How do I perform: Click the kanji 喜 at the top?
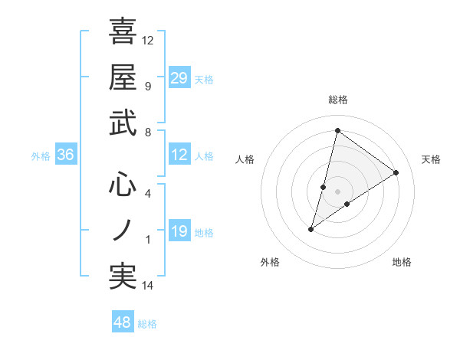(x=123, y=31)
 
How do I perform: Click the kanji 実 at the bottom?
(x=123, y=277)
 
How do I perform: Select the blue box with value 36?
(x=65, y=155)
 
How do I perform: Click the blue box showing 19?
(x=179, y=231)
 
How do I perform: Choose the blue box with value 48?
(x=123, y=322)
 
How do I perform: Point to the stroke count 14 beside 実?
(x=148, y=286)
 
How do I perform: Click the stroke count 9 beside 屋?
(x=147, y=86)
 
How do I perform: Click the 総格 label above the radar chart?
(x=338, y=100)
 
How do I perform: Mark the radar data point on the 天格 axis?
(x=396, y=173)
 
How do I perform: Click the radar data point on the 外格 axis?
(x=311, y=229)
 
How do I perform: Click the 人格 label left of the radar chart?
(x=245, y=159)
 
